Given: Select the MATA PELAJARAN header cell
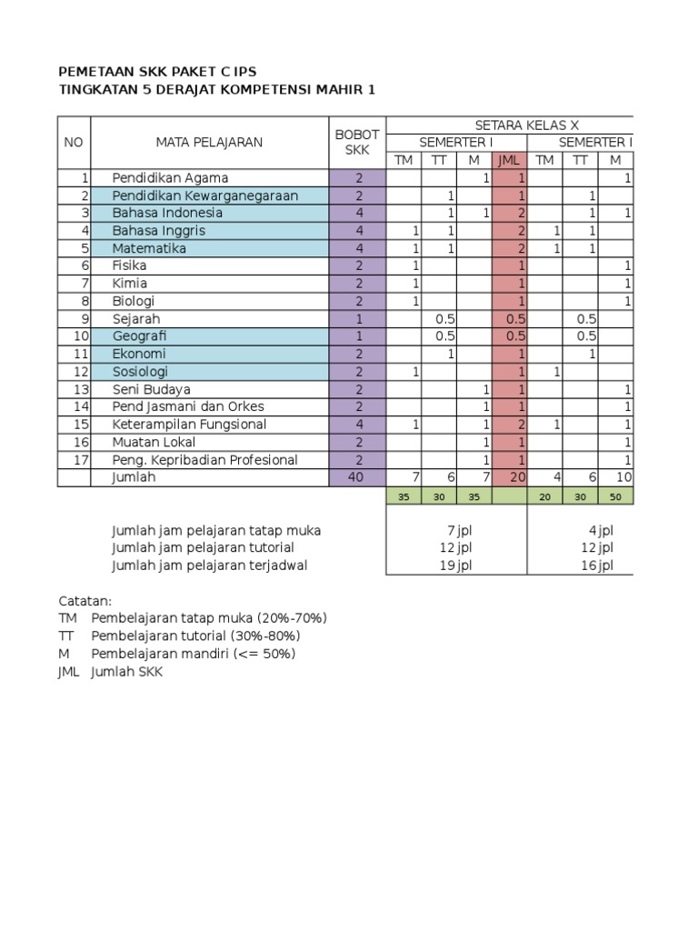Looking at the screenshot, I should coord(209,142).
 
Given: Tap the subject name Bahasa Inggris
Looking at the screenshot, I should coord(158,231).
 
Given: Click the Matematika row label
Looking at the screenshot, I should coord(149,248).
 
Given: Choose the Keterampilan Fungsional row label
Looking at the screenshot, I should coord(189,425).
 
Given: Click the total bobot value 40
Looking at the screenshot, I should coord(358,477).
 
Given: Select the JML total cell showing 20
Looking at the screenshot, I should coord(509,477).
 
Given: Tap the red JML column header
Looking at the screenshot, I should coord(509,161).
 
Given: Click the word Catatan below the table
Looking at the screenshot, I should coord(85,601).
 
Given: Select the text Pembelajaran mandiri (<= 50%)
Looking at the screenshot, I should coord(193,654).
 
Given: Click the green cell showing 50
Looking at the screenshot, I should coord(615,496).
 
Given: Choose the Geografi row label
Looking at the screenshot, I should coord(141,336).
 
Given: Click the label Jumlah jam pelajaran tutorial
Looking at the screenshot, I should coord(203,547).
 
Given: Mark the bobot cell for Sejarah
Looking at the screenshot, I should coord(358,319).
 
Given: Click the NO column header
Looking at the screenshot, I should coord(74,142).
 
